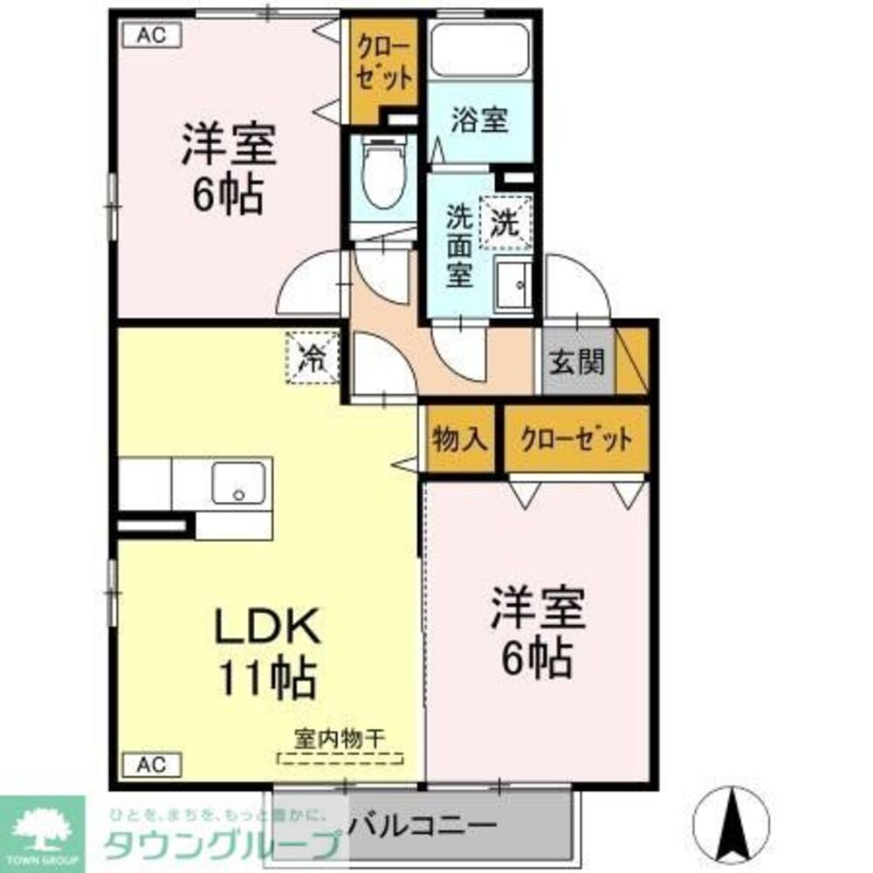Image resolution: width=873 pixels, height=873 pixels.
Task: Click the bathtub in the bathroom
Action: [x=480, y=52]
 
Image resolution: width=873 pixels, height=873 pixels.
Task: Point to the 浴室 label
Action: [x=479, y=120]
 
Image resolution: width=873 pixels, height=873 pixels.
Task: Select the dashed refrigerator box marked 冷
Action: [x=313, y=357]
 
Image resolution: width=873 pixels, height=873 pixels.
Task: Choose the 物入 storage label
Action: [x=459, y=439]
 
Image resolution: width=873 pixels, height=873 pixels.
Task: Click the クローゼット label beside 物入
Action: [x=575, y=439]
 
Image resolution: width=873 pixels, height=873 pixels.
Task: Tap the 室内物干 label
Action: [x=340, y=738]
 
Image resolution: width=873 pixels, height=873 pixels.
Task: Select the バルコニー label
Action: [x=427, y=823]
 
